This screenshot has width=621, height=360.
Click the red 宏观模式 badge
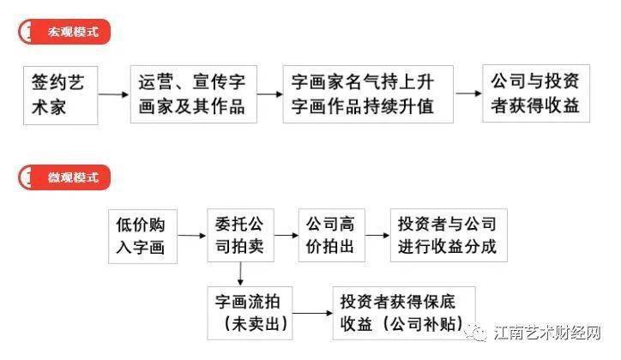coord(64,32)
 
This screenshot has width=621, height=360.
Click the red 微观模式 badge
coord(64,177)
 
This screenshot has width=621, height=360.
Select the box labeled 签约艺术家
coord(61,95)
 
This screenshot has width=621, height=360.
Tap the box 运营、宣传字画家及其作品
coord(194,94)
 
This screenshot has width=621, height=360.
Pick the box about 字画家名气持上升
coord(368,94)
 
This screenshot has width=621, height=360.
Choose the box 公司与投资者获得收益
coord(536,93)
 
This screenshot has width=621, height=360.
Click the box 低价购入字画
coord(143,237)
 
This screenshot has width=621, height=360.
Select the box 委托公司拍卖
coord(240,236)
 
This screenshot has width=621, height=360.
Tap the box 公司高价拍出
coord(331,236)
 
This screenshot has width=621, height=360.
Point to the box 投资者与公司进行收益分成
coord(449,236)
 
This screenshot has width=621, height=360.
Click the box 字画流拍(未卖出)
coord(250,314)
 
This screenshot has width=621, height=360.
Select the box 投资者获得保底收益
coord(404,314)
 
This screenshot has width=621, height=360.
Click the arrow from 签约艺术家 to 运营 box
coord(114,94)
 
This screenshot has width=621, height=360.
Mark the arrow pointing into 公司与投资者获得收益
coord(468,93)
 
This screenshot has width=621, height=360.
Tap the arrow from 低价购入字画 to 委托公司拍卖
coord(192,236)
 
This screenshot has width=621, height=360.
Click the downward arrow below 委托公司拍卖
coord(240,274)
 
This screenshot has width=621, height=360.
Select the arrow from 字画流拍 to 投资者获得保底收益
coord(312,314)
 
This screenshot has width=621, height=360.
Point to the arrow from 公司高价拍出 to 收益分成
coord(377,236)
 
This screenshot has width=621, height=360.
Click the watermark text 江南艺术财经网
coord(548,333)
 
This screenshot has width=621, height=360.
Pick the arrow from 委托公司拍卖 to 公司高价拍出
coord(286,236)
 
